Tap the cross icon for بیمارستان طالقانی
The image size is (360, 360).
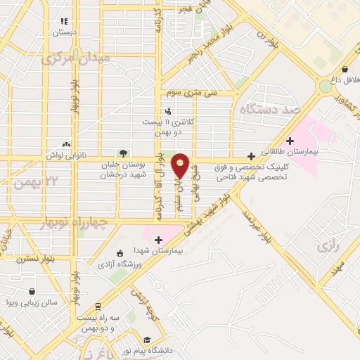click(x=290, y=140)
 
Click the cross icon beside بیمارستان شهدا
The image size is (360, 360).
click(x=158, y=240)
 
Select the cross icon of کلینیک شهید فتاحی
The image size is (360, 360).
click(x=251, y=155)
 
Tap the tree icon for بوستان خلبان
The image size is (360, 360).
click(x=124, y=153)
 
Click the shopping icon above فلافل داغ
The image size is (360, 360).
click(x=345, y=70)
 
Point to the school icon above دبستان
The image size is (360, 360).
click(x=65, y=22)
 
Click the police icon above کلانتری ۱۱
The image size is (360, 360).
click(x=167, y=110)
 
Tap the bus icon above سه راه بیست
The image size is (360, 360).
click(x=98, y=307)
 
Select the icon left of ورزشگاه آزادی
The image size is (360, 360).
click(x=118, y=252)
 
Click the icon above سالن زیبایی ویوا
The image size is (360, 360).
click(x=32, y=291)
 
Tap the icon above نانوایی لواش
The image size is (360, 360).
click(x=65, y=144)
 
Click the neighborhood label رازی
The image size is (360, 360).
click(x=328, y=247)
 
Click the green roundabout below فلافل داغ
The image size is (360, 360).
click(x=325, y=86)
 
